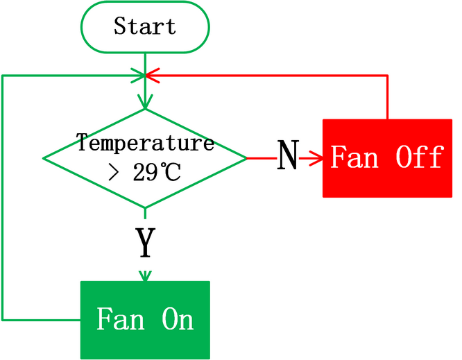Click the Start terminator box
145,27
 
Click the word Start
145,26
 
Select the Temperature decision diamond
145,158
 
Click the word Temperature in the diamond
145,143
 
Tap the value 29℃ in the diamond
157,172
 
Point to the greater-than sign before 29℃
114,173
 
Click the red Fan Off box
388,158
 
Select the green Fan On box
145,320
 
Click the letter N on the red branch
288,155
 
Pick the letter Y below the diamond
145,243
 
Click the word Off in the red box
420,157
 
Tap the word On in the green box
178,319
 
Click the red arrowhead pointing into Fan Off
316,158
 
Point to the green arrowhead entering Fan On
145,276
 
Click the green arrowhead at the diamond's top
145,102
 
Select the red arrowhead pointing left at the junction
153,76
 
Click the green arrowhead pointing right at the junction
138,76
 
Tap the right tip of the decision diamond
247,158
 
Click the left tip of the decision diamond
43,158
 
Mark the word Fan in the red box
354,157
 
